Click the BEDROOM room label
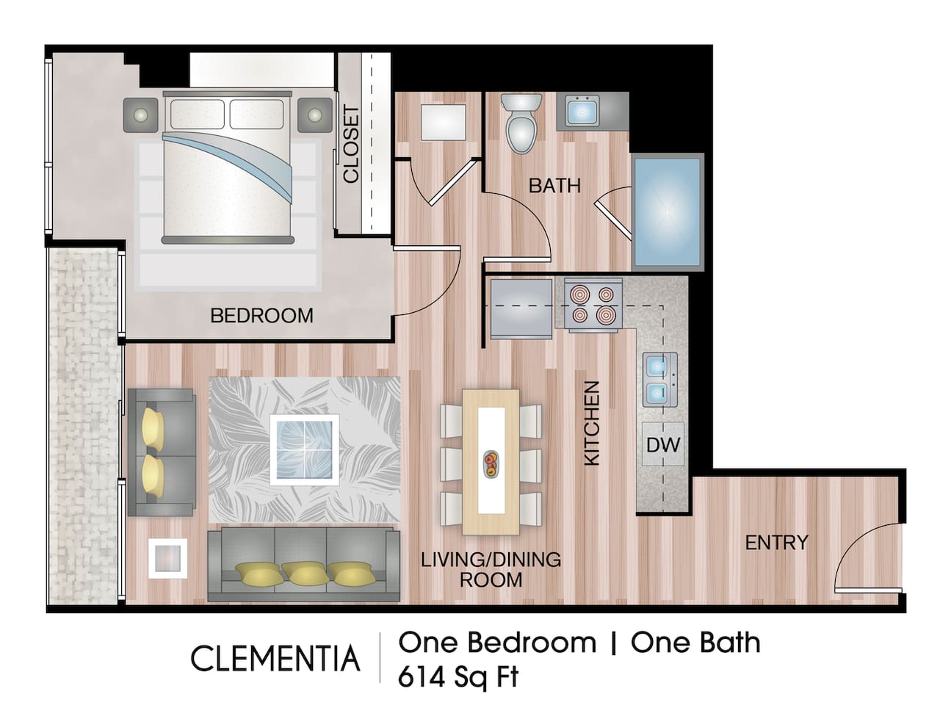pos(261,316)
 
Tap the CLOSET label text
pos(351,144)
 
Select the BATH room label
pos(554,186)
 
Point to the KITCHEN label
pos(592,422)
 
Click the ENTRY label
pos(776,543)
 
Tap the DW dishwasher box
pos(663,444)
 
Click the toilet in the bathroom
pos(521,125)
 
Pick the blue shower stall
pos(667,211)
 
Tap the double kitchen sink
pos(658,379)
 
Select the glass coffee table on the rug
pos(304,449)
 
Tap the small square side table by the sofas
pos(167,559)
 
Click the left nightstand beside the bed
pos(142,115)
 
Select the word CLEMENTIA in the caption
pos(275,659)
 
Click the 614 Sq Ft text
pos(458,676)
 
